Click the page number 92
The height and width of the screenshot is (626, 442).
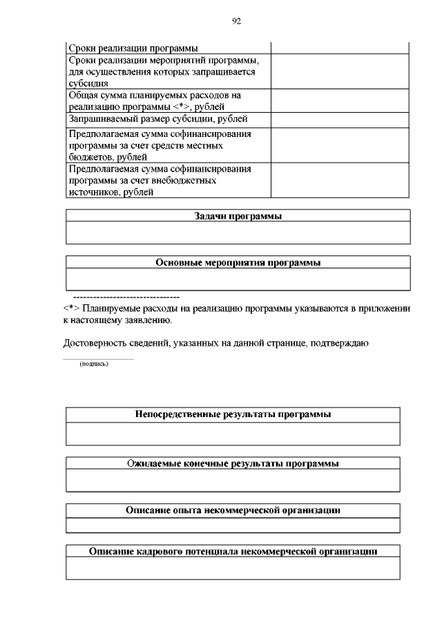[x=236, y=21]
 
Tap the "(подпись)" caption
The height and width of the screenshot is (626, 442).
[x=94, y=365]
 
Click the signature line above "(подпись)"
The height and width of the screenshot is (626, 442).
[x=98, y=359]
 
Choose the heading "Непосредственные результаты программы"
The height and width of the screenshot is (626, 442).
[x=233, y=414]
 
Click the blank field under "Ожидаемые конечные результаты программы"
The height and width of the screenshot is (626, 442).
[x=233, y=480]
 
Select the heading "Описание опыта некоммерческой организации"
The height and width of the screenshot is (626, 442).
[x=233, y=510]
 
